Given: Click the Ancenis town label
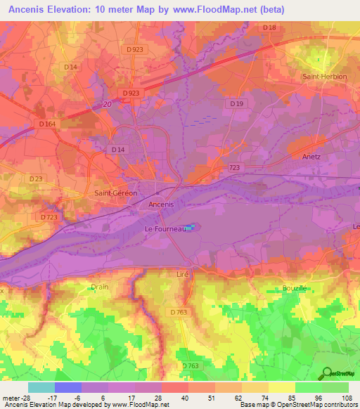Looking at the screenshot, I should coord(161,204).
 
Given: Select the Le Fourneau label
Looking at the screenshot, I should coord(160,229).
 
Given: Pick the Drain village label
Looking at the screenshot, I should coord(99,287).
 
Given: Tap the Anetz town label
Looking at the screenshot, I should coord(310,157).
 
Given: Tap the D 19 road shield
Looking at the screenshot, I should coord(236,103).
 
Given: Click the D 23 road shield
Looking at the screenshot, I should coord(35,179).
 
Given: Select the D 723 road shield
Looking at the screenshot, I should coord(49,218).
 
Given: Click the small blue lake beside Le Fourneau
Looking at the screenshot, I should coord(191,227).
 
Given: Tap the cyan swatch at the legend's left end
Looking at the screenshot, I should coord(41,387).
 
